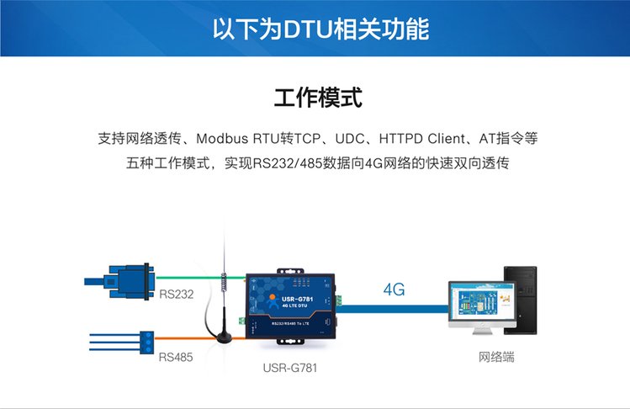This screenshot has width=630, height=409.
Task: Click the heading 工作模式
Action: coord(318,97)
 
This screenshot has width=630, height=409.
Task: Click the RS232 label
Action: coord(176,295)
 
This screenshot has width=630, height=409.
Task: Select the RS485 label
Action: coord(176,357)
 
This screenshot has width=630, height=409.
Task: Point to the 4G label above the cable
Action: coord(394,289)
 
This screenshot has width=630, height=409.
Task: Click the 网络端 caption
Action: coord(494,357)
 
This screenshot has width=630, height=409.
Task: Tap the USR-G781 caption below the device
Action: coord(290,368)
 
